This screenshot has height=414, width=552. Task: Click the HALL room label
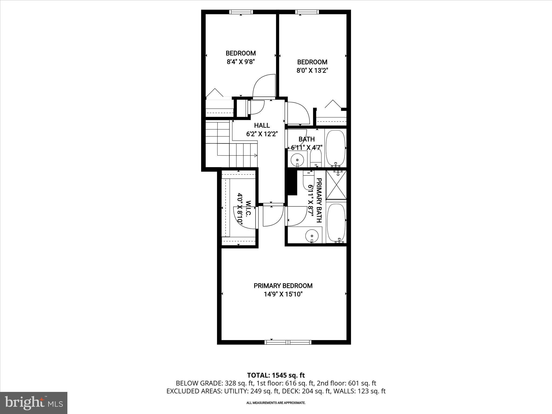click(262, 125)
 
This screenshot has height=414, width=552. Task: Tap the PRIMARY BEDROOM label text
click(283, 286)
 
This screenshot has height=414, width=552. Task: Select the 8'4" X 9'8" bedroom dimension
click(241, 62)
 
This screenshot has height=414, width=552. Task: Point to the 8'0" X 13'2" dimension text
click(312, 71)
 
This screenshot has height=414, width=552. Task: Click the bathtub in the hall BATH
click(336, 148)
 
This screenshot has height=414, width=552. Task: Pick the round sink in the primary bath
click(312, 235)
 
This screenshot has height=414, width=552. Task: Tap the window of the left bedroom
click(241, 12)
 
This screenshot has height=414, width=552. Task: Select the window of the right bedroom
click(307, 12)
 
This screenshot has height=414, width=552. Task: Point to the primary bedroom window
click(288, 342)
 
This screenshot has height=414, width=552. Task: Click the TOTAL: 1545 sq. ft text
click(276, 375)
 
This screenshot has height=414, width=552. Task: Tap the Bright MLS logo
click(34, 403)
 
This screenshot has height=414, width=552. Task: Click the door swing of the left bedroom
click(263, 86)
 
